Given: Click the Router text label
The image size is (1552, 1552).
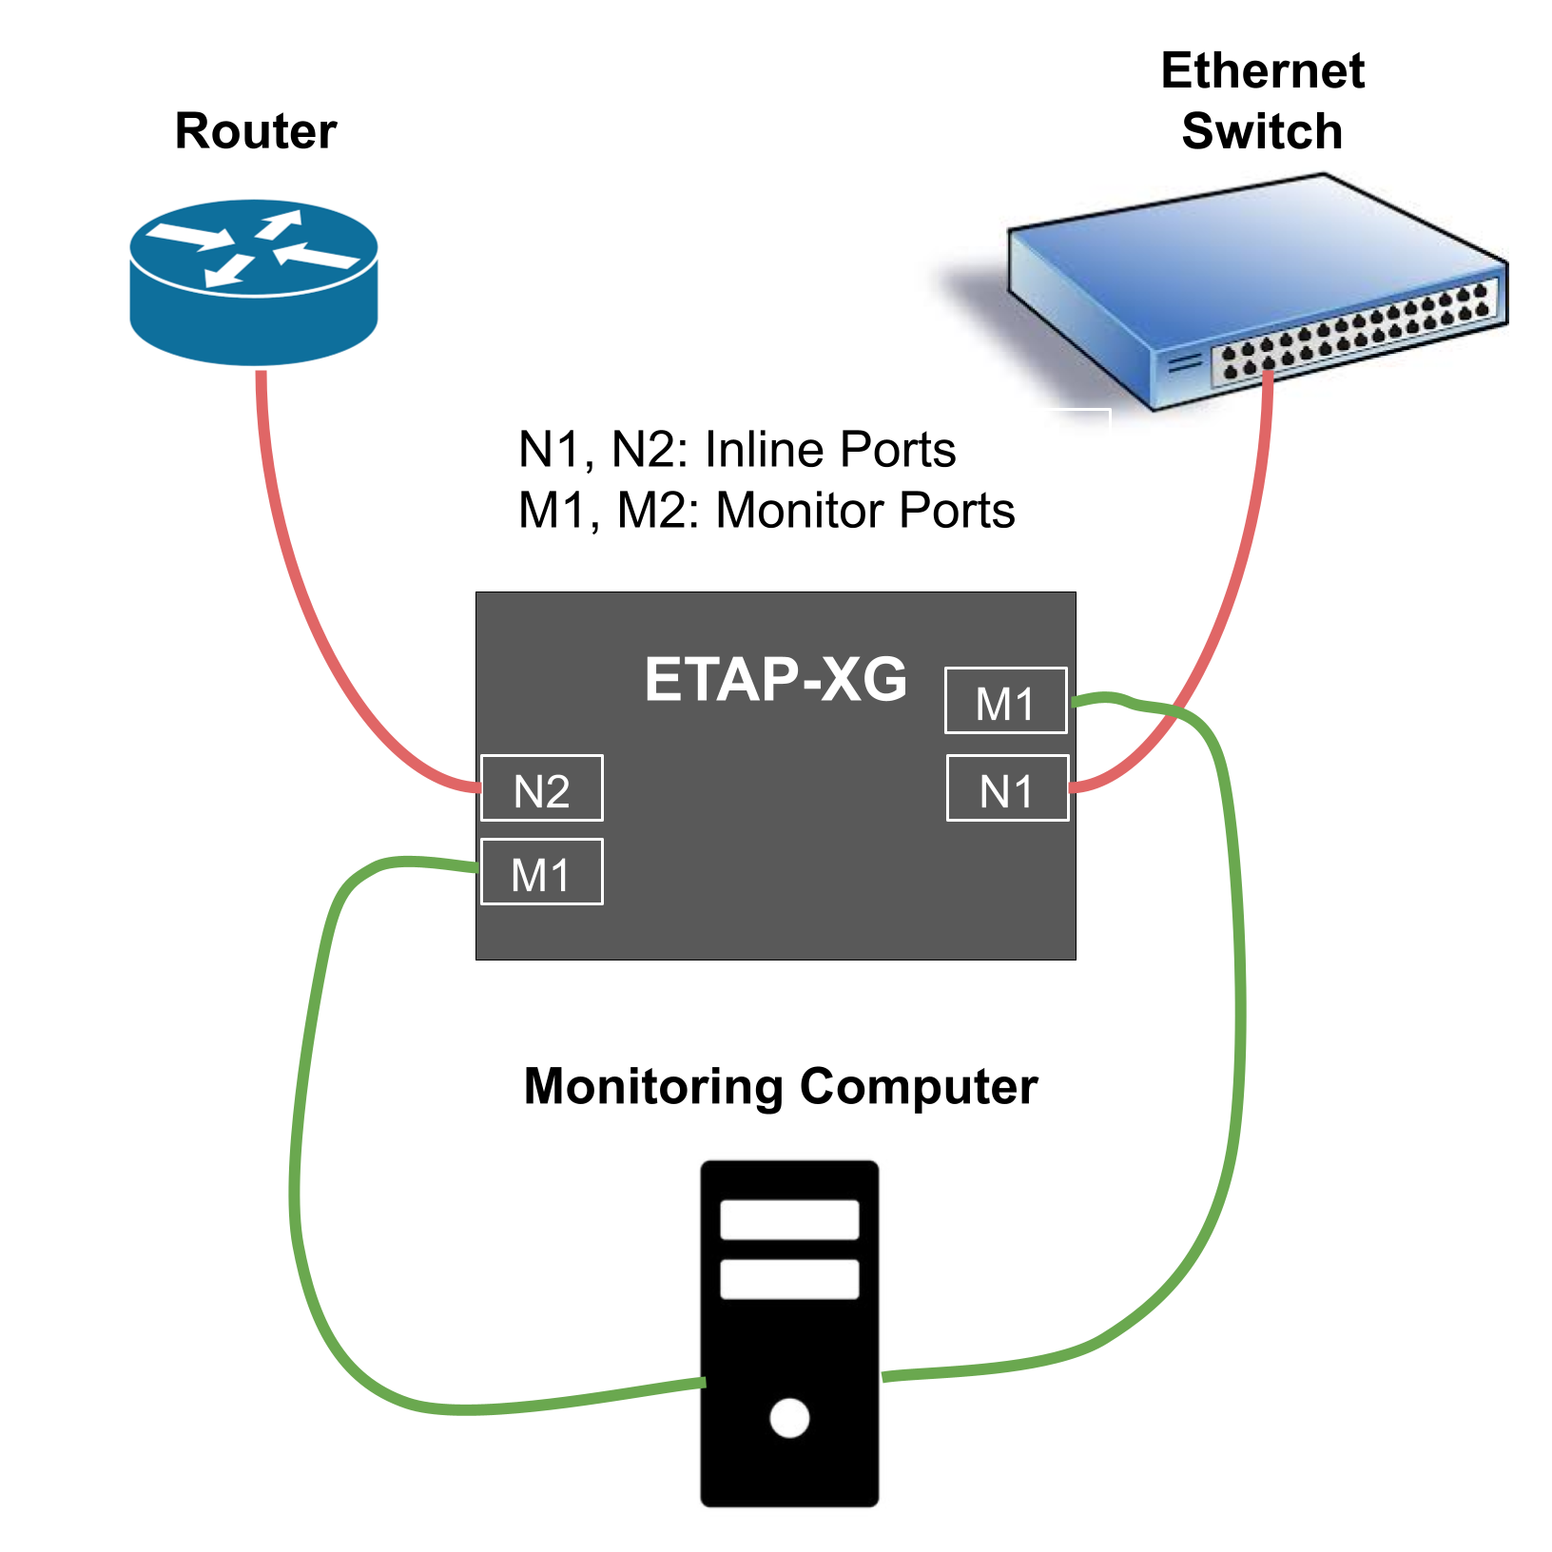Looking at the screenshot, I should tap(256, 131).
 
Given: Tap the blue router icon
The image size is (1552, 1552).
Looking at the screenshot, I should tap(254, 281).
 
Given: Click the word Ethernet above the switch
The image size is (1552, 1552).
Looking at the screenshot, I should tap(1262, 71).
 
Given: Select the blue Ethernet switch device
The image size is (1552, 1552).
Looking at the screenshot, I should tap(1255, 285).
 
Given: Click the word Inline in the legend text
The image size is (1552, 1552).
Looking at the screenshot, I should tap(767, 450).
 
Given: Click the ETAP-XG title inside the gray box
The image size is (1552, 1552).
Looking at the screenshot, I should tap(775, 680).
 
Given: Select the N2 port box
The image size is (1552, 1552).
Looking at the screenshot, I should tap(542, 788).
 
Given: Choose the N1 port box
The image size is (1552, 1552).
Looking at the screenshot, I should tap(1008, 788).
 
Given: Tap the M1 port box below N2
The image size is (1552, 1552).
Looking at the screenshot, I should tap(542, 872).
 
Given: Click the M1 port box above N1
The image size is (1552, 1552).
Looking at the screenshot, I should tap(1005, 701).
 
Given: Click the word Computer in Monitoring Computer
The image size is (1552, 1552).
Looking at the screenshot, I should tap(919, 1086).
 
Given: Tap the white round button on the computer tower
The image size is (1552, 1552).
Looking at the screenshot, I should tap(789, 1418).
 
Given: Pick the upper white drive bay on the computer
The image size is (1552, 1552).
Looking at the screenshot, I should tap(789, 1219).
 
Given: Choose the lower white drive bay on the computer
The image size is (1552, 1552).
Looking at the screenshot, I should tap(789, 1279).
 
